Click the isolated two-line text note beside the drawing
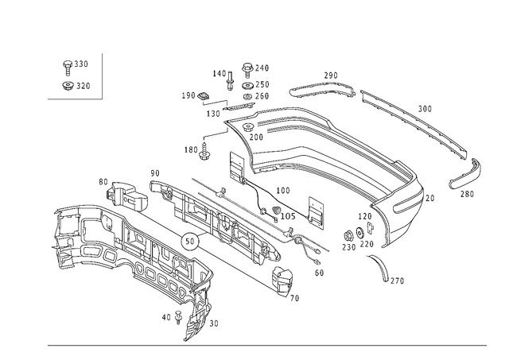tap(76, 75)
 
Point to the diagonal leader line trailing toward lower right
tap(390, 270)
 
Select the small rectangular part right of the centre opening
tap(317, 211)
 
